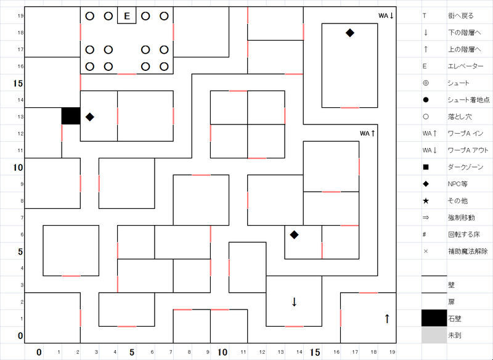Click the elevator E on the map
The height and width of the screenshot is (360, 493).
127,16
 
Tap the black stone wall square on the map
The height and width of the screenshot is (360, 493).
71,116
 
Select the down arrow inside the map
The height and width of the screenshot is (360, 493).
294,301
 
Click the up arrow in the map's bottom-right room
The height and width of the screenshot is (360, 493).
387,318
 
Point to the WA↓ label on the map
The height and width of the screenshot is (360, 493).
386,15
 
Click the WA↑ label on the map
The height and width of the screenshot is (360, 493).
368,133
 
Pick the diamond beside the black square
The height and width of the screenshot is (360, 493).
90,117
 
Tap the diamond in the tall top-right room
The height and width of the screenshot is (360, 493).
350,33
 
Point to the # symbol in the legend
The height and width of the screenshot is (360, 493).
426,235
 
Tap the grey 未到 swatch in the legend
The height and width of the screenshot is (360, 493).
434,335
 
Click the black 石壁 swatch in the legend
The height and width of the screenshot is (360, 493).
434,318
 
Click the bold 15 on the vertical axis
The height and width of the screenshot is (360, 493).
18,83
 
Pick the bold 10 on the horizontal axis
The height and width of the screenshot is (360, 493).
222,352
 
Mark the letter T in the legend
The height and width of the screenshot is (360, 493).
424,15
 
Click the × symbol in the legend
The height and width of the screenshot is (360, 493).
426,252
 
